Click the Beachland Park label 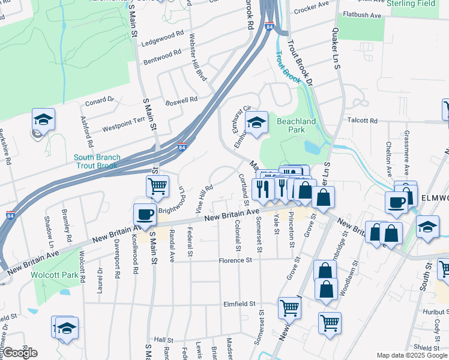(x=296, y=125)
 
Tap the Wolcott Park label (x=56, y=275)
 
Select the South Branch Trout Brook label (x=97, y=161)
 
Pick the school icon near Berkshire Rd (x=43, y=119)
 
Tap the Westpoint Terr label (x=124, y=125)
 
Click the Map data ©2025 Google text (x=412, y=355)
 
